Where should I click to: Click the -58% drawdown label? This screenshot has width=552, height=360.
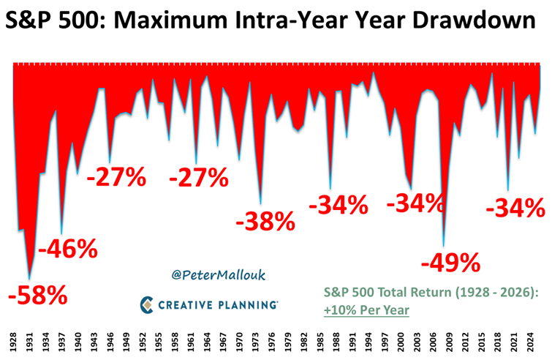point(37,296)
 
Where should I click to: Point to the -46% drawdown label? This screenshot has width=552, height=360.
point(67,250)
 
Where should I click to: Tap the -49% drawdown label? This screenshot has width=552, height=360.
point(451,261)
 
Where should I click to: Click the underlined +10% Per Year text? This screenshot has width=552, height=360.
point(366,310)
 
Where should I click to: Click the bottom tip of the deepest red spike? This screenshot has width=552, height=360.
point(29,279)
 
